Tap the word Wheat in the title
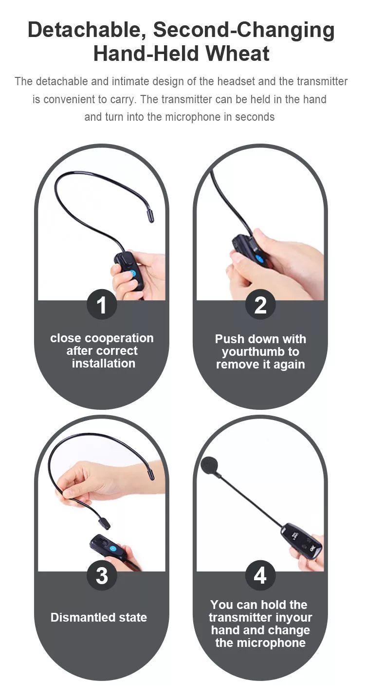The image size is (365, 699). (237, 54)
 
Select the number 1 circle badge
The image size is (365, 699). (102, 305)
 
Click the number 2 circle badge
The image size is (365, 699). (260, 305)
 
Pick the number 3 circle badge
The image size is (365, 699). (102, 575)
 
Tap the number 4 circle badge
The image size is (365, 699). (260, 575)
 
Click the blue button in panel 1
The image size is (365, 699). (132, 274)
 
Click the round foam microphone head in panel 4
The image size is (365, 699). (211, 466)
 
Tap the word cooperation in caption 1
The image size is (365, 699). (119, 338)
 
